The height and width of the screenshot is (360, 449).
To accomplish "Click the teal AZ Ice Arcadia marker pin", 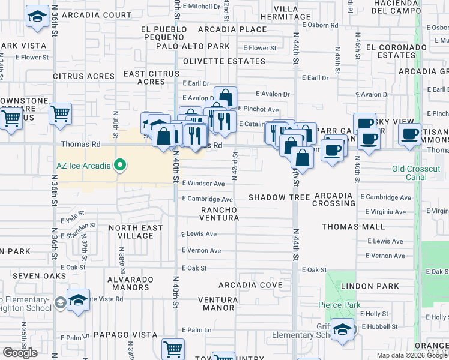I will (x=120, y=164).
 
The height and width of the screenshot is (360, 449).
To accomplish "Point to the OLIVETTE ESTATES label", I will (x=224, y=61).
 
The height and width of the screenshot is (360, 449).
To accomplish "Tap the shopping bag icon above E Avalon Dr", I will (x=225, y=97).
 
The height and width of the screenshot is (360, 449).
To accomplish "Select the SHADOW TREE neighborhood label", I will (x=279, y=197).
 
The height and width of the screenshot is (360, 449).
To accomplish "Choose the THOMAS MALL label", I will (x=352, y=227).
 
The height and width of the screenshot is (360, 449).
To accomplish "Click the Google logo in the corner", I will (x=20, y=353).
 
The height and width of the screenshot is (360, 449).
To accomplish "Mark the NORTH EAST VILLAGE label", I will (x=136, y=232).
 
